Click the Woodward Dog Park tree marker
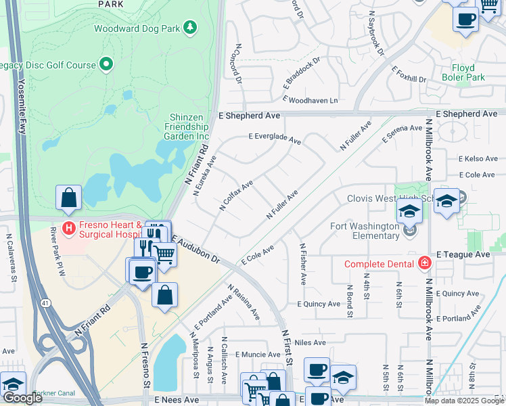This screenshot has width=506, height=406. point(191,28)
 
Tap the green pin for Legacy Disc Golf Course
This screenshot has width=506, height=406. point(106,65)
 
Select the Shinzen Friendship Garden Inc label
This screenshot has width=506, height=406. point(188,127)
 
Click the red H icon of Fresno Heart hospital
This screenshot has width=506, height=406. point(68,228)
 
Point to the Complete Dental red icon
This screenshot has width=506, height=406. point(424,263)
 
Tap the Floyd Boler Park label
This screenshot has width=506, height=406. point(478,72)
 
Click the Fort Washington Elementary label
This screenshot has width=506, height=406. point(365,231)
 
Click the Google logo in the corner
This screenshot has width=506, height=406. point(22,398)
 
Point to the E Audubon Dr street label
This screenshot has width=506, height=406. point(196,249)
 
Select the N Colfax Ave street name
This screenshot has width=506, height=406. point(236,196)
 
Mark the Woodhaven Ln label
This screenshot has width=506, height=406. point(310,100)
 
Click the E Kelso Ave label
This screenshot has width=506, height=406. point(478,159)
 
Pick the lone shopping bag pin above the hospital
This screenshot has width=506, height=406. point(69,198)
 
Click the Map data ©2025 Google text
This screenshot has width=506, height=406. point(464,401)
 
